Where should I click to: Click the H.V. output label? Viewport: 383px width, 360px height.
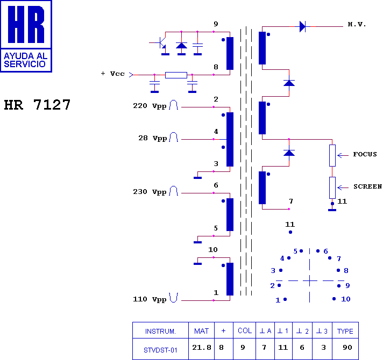coord(357,24)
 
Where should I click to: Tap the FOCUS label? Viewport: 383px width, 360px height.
coord(365,154)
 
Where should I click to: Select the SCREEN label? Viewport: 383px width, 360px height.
coord(367,186)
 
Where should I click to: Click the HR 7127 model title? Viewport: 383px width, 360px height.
coord(37,105)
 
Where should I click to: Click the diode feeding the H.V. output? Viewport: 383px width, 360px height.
coord(302,26)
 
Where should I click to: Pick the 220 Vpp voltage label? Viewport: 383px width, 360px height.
coord(150,106)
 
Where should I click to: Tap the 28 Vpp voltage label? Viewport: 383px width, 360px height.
coord(153,138)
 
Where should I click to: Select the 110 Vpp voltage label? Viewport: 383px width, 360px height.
coord(150,299)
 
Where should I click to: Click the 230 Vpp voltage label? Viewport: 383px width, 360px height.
coord(150,192)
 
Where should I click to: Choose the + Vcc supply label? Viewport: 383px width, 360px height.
coord(112,74)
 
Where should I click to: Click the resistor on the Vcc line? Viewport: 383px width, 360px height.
coord(176,75)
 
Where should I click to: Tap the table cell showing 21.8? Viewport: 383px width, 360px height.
coord(202,347)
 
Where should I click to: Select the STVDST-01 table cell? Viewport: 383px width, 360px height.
coord(160,350)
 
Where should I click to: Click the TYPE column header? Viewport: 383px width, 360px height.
coord(345,331)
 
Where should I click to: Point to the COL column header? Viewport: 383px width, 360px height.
coord(245,331)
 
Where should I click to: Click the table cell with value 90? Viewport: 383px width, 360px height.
coord(347,348)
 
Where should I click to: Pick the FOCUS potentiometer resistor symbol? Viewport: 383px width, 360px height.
coord(332,156)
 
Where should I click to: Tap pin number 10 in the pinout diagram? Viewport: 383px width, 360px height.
coord(346,299)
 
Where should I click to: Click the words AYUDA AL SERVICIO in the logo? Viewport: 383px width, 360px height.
coord(25,60)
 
